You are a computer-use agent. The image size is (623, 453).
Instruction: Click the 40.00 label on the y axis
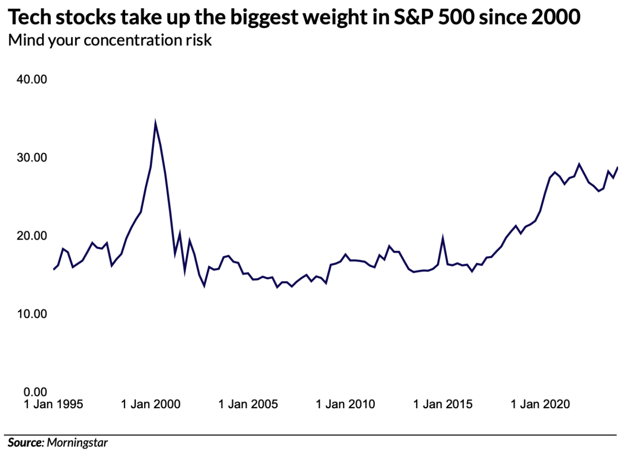[32, 79]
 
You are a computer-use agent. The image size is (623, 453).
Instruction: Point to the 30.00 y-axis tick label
[32, 157]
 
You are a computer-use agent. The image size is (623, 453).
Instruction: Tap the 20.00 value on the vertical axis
[32, 236]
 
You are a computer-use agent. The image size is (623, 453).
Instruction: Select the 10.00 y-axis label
[32, 314]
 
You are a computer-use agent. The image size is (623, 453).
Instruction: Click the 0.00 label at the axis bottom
[35, 392]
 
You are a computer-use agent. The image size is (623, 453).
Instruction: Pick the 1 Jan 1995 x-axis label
[53, 405]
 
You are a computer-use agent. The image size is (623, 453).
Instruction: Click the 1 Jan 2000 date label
[151, 405]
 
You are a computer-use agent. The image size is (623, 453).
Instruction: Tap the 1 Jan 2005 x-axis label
[248, 405]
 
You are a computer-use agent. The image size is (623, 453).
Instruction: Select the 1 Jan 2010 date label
[345, 405]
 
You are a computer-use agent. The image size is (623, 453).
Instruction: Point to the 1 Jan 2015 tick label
[443, 405]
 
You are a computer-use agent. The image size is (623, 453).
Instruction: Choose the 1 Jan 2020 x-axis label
[540, 405]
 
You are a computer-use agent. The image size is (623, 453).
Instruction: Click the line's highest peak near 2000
[155, 122]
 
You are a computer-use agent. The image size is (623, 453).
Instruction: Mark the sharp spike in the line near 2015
[443, 238]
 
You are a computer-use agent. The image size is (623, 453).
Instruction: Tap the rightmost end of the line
[617, 168]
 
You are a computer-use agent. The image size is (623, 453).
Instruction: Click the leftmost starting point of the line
[54, 269]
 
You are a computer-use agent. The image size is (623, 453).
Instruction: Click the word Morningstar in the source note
[77, 443]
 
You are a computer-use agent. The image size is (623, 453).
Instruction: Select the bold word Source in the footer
[25, 443]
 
